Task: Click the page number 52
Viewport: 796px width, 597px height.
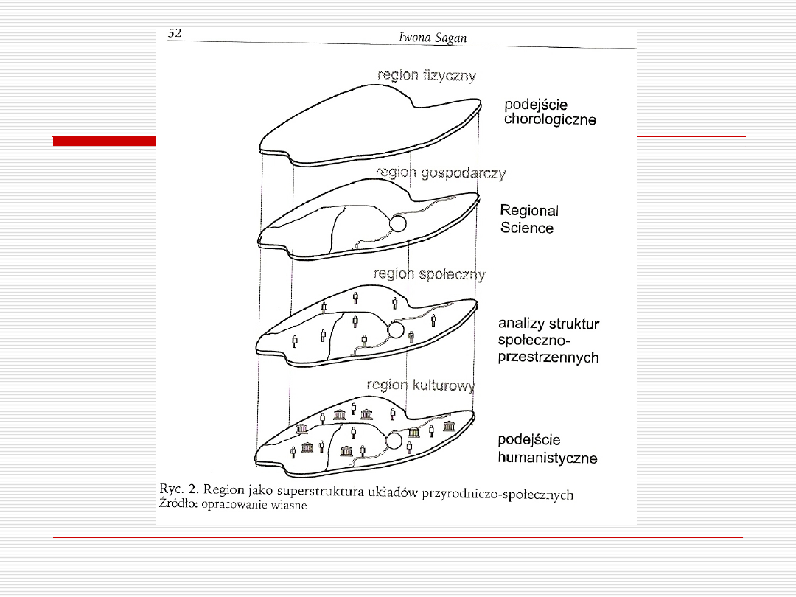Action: point(175,33)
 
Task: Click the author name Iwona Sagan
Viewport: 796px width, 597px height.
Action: point(433,38)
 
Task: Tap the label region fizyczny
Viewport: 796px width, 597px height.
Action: point(427,76)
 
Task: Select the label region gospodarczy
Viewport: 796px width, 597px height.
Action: point(441,173)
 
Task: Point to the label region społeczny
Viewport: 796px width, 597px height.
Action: point(430,275)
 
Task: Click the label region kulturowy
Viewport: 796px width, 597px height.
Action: point(421,385)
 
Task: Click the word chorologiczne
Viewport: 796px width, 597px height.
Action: point(550,120)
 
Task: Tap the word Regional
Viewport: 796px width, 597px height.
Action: point(529,211)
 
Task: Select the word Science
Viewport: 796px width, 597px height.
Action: point(526,228)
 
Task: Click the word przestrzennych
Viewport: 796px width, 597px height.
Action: point(548,357)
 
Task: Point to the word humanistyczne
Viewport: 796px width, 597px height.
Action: point(547,458)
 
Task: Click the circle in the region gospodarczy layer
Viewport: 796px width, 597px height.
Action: point(398,223)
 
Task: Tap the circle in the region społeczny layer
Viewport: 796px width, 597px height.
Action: point(396,330)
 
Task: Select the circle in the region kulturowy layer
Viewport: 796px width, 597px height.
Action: point(394,441)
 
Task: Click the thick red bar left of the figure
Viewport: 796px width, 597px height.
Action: point(105,141)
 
